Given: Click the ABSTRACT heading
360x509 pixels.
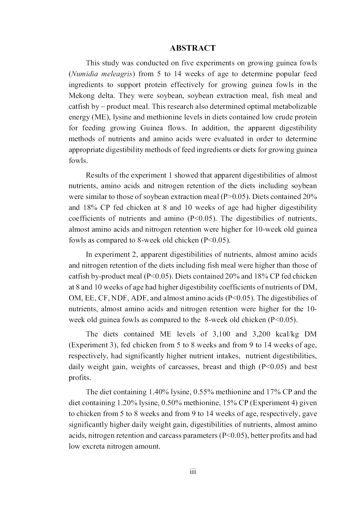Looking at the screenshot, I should coord(192,48).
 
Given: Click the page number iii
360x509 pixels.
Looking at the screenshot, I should coord(193,472).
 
